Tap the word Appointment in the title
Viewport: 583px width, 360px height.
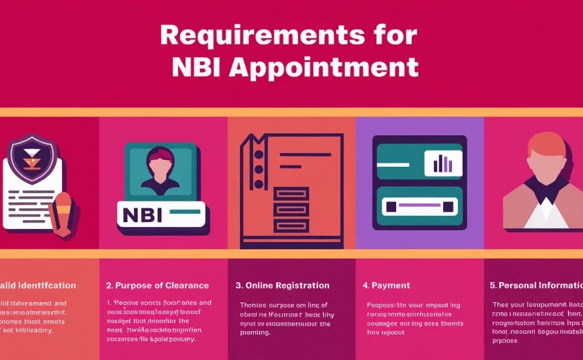[323, 68]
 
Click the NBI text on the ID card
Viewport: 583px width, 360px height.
[142, 215]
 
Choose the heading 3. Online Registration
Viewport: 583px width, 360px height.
[282, 285]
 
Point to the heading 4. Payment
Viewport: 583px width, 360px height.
[386, 285]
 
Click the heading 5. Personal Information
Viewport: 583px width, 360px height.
[536, 285]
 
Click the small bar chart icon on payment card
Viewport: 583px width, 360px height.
[443, 163]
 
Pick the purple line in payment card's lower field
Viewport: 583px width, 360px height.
[418, 205]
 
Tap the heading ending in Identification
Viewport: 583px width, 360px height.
[38, 285]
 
